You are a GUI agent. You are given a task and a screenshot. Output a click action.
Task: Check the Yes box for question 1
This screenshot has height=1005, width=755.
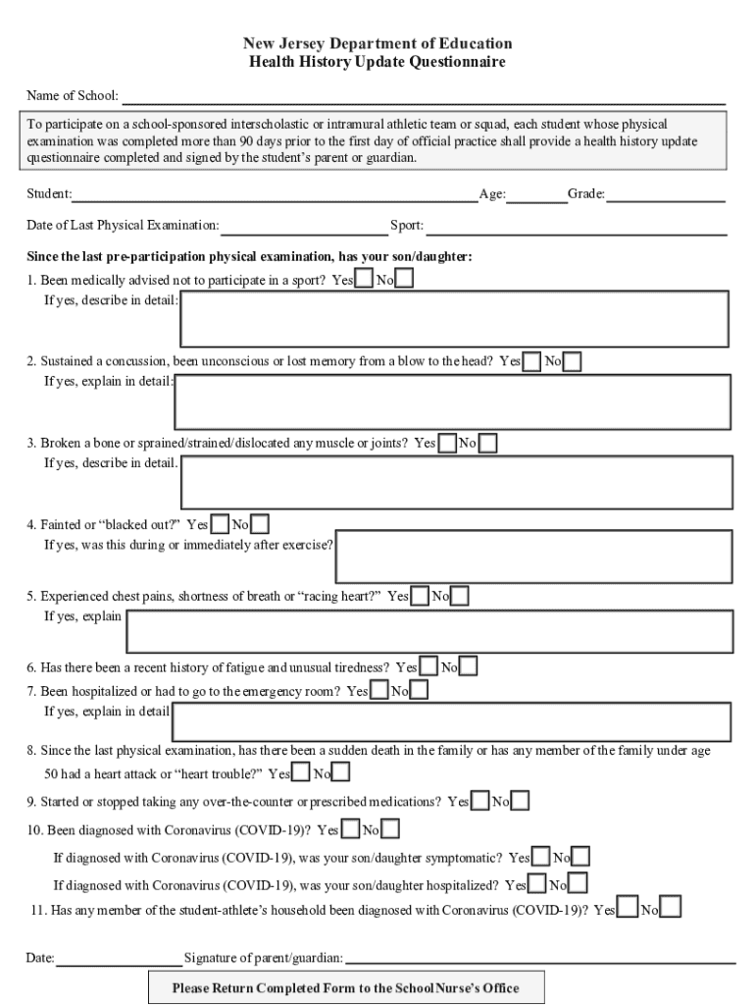(x=364, y=280)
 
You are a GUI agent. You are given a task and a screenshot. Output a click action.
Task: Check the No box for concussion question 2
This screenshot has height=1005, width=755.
(x=572, y=362)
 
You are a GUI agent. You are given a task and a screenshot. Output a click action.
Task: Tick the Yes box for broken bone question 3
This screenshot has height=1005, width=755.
(x=447, y=444)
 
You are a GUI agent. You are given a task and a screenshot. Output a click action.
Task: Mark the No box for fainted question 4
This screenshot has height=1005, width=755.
(x=260, y=525)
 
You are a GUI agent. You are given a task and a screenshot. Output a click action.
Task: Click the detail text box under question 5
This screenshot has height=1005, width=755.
(x=429, y=630)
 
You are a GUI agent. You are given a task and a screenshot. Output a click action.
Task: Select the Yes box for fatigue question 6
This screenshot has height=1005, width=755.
(x=428, y=667)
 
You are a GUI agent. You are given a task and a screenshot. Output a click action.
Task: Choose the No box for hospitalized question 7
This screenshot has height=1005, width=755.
(x=419, y=691)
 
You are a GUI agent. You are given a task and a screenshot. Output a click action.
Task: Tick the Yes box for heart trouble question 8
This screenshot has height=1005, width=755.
(x=302, y=773)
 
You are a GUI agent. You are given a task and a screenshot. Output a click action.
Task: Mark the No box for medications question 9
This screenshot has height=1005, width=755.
(x=520, y=802)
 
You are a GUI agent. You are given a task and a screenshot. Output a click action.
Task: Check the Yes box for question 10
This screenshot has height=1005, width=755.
(x=350, y=830)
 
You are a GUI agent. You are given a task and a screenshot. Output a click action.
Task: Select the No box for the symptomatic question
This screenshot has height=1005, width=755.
(x=580, y=858)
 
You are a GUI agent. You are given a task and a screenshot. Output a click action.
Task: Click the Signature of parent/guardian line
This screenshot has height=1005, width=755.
(x=539, y=959)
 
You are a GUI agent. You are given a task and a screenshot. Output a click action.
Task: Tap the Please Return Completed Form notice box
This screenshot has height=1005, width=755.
(x=346, y=987)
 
